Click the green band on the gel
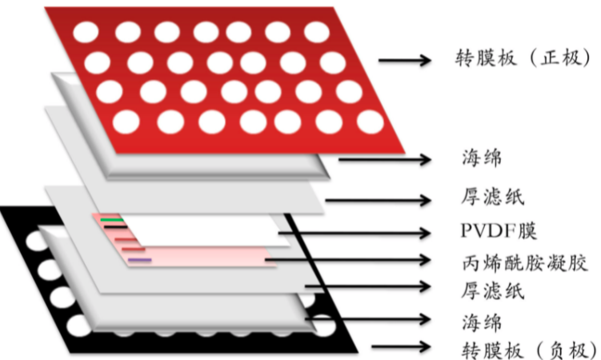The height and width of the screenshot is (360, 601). pyautogui.click(x=112, y=218)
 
